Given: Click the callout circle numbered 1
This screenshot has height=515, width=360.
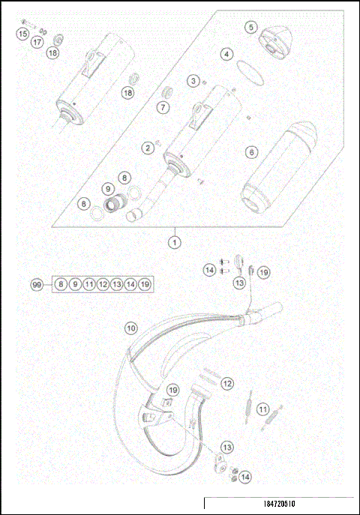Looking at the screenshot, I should (x=174, y=242).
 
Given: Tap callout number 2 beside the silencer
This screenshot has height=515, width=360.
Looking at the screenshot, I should (x=148, y=148).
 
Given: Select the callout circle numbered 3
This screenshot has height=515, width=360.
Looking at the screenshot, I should (x=193, y=80).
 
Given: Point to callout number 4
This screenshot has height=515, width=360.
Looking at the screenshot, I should (x=226, y=55).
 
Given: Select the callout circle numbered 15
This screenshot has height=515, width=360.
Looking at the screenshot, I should (x=22, y=34).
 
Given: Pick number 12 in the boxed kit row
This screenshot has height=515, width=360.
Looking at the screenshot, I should (x=103, y=285).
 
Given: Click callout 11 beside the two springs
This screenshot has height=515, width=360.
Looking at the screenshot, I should (x=262, y=409).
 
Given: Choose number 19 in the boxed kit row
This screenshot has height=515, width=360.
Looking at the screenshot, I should (x=145, y=285).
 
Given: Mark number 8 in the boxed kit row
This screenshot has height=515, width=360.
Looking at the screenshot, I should (x=60, y=285).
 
